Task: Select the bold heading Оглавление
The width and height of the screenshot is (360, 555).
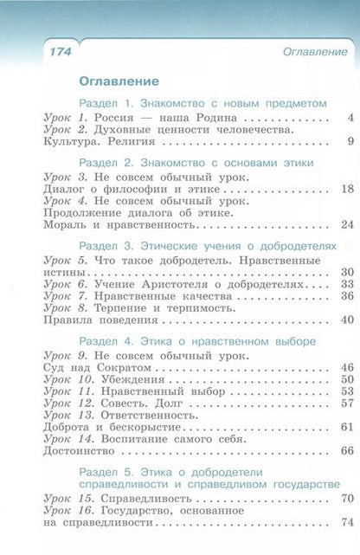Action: click(x=119, y=82)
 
